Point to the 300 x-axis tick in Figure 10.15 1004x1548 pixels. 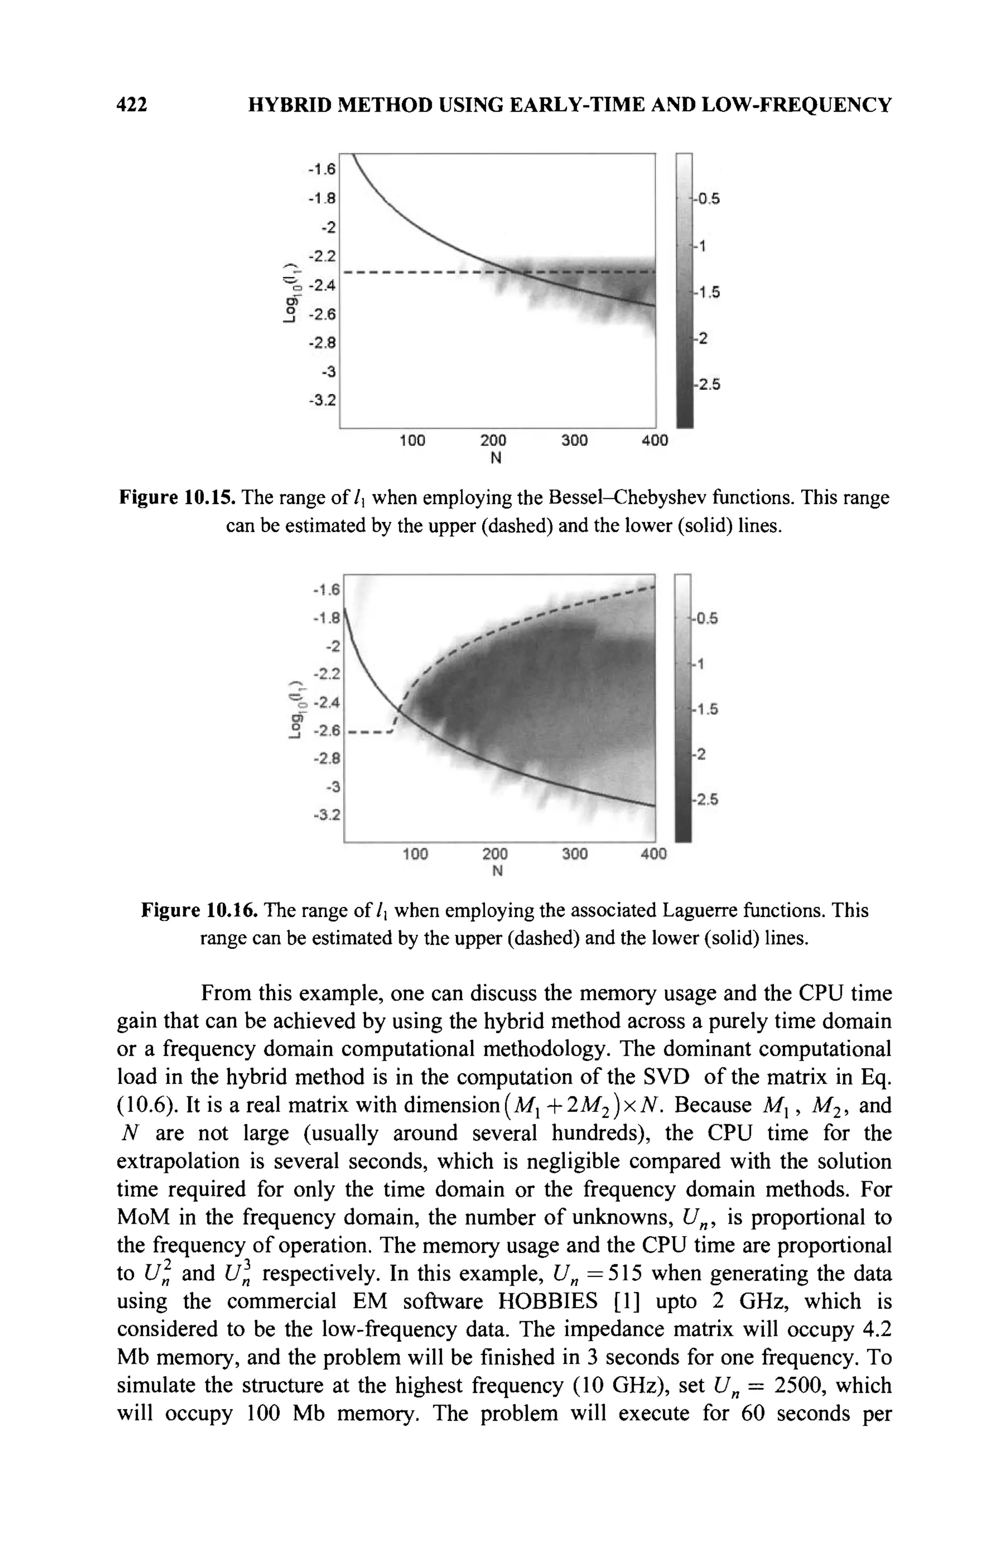[574, 440]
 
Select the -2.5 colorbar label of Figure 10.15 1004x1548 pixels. [706, 384]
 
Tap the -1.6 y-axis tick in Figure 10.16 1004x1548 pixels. [326, 589]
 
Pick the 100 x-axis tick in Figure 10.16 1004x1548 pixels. [415, 853]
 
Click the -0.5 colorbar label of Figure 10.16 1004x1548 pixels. [704, 618]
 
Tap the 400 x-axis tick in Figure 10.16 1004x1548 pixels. [653, 853]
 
